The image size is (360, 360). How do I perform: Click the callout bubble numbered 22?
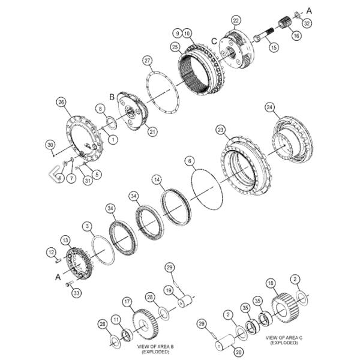[236, 20]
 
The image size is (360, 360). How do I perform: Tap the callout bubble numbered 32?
[307, 23]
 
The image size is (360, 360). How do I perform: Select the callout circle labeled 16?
[296, 35]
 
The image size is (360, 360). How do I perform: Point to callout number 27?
[147, 61]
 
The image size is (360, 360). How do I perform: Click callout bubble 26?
[61, 102]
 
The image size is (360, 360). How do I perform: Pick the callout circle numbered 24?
[269, 107]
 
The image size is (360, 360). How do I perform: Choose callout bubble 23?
[220, 130]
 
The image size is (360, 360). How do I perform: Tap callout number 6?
[190, 161]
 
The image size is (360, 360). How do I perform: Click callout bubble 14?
[157, 179]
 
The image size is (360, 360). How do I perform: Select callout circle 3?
[87, 226]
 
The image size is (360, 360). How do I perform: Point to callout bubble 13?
[65, 240]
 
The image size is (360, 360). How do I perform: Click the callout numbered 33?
[76, 293]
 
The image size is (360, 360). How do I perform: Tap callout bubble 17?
[127, 302]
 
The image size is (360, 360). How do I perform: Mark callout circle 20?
[239, 352]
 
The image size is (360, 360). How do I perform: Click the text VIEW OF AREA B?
[155, 346]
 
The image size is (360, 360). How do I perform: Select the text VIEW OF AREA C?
[284, 337]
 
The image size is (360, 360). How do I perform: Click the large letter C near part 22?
[214, 41]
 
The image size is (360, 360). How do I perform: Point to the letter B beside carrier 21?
[112, 97]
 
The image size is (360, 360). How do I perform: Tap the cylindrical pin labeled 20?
[225, 343]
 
